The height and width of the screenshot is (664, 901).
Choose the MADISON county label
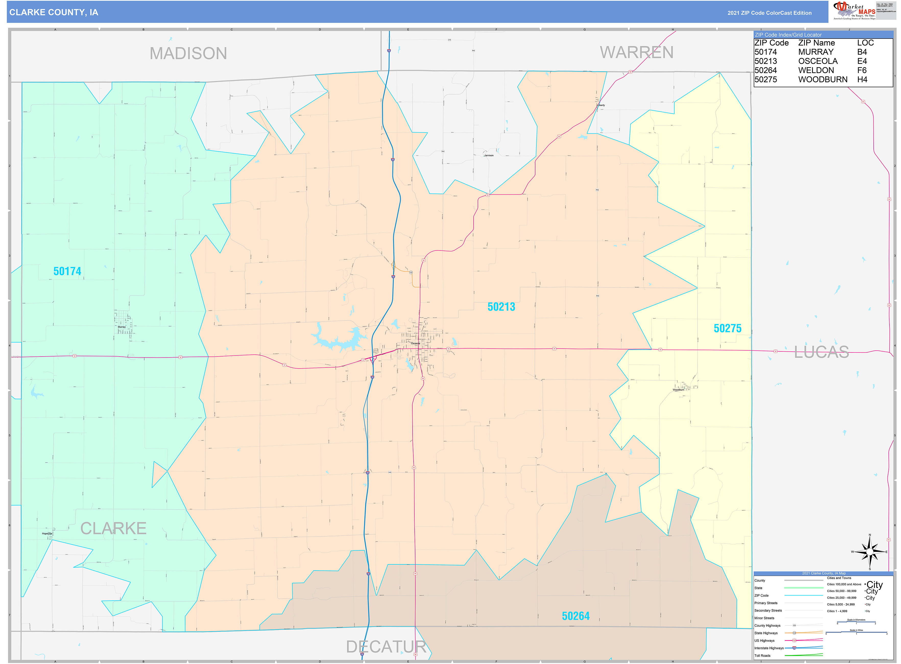point(188,53)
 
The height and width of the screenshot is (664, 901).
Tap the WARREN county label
point(636,53)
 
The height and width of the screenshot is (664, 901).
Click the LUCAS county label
point(821,352)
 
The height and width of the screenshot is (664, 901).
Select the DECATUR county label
point(386,647)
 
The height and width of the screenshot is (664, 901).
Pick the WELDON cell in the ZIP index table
point(815,70)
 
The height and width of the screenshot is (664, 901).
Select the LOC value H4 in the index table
point(862,80)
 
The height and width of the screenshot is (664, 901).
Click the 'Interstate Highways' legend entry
point(768,648)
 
